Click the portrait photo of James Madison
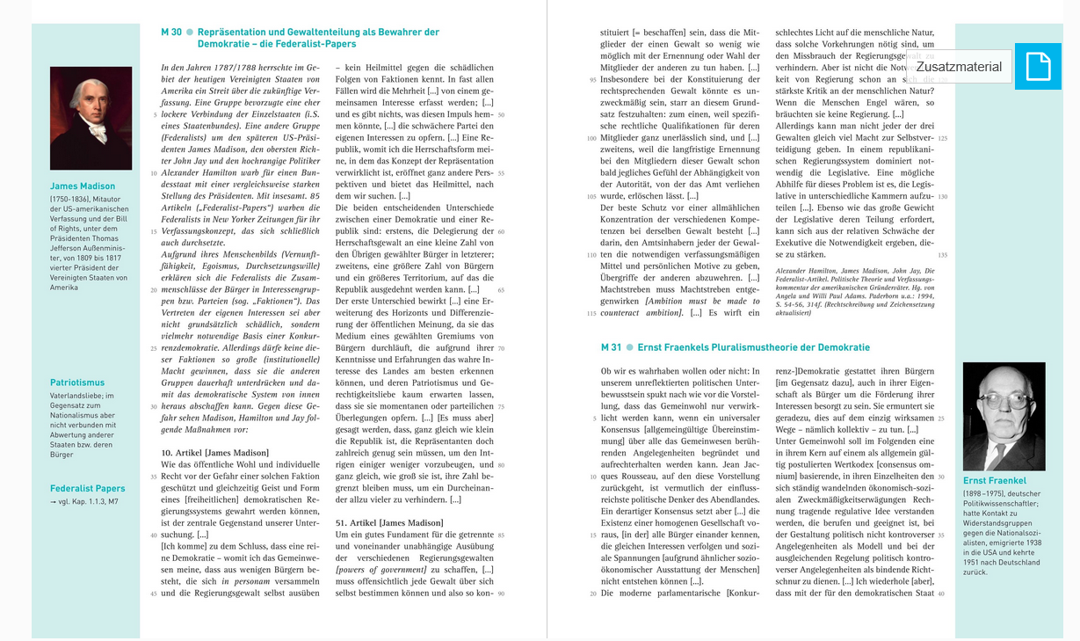click(x=91, y=118)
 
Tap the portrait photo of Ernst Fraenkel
click(x=1004, y=416)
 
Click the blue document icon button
click(x=1038, y=66)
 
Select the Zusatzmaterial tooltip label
click(x=959, y=67)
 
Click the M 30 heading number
click(x=171, y=33)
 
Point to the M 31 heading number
click(x=611, y=347)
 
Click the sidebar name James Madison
click(x=83, y=186)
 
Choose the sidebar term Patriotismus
click(x=77, y=382)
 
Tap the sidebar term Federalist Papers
click(x=88, y=488)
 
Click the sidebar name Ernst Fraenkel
click(x=995, y=481)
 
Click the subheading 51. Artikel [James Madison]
click(x=389, y=522)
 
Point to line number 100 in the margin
click(x=591, y=138)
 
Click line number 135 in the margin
click(x=943, y=255)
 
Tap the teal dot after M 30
click(x=190, y=33)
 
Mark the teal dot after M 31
click(x=629, y=347)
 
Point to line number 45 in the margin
click(x=153, y=594)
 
